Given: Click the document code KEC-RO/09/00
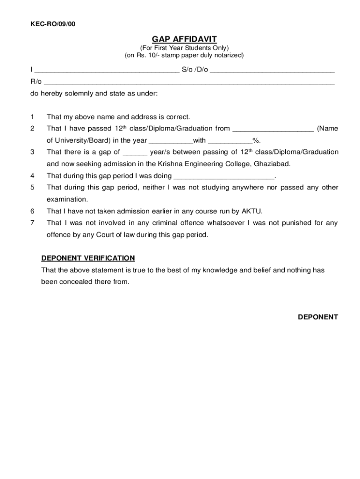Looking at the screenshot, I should pos(53,24).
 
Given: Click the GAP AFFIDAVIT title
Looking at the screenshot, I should pos(184,39).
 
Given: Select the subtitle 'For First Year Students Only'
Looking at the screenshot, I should pos(184,48).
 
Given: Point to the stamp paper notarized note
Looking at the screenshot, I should pos(184,55).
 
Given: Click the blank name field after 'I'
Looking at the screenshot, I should pos(107,71).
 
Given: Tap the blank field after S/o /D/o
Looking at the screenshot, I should pos(273,71).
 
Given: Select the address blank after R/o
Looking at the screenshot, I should pos(189,82).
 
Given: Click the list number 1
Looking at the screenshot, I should pos(32,117).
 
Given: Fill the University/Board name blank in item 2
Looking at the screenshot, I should pos(273,129).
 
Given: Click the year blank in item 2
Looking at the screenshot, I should pos(171,141).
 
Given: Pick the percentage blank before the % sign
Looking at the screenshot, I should pos(230,141).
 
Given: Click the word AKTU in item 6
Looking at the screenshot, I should pos(252,211).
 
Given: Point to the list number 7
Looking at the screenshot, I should pos(32,223).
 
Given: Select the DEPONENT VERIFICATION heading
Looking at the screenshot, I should pos(88,258).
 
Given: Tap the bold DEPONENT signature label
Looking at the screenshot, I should pos(318,317).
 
